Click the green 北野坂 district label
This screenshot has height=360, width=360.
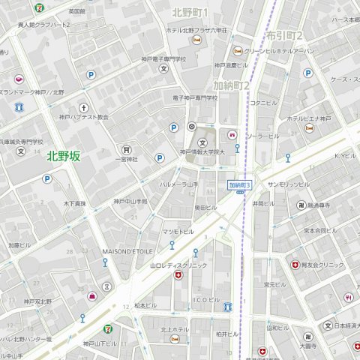pos(63,156)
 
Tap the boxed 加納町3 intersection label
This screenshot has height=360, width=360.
pos(241,184)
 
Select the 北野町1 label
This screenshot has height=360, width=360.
pos(190,12)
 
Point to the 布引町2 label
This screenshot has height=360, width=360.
pos(284,35)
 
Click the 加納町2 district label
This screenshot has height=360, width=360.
pos(231,85)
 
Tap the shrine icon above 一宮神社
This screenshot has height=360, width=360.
pos(126,148)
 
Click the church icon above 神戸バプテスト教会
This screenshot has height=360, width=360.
pos(83,107)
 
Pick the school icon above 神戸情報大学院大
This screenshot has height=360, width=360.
pos(201,142)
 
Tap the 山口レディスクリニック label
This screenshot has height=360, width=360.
pos(178,265)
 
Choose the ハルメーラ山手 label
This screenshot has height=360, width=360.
pos(178,184)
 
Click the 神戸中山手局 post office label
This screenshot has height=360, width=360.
pos(130,202)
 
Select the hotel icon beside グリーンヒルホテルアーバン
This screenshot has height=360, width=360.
pos(237,50)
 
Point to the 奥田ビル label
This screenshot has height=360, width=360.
pos(205,207)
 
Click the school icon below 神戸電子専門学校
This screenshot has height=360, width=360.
pos(163,68)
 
